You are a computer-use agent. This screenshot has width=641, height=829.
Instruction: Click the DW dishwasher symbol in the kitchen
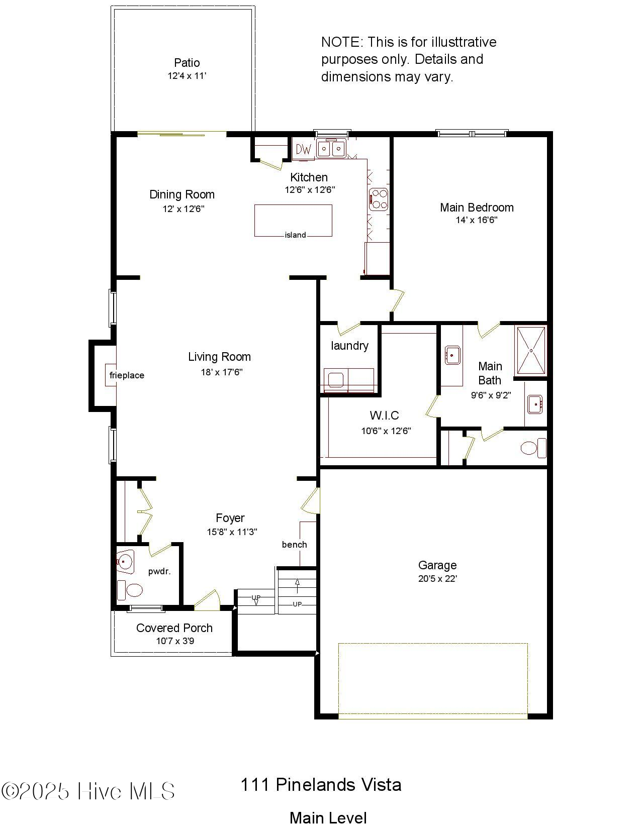[x=303, y=149]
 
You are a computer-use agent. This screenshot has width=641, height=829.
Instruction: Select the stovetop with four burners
[x=379, y=199]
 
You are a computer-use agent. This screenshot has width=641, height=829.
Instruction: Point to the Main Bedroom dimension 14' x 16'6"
[x=476, y=220]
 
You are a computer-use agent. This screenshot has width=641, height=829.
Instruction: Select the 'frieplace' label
[x=127, y=375]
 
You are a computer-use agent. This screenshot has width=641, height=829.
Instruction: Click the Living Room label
[x=219, y=357]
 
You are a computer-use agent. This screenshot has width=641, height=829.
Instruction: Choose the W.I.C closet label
[x=384, y=416]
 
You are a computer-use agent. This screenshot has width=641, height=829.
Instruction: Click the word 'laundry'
[x=349, y=346]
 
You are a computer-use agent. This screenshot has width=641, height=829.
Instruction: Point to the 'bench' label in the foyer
[x=294, y=545]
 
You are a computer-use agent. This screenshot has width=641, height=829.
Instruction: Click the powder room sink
[x=125, y=561]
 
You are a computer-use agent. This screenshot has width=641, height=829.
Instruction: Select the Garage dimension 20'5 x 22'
[x=437, y=579]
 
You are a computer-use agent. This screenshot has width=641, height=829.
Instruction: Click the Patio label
[x=187, y=63]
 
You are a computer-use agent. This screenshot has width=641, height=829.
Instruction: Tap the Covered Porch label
[x=174, y=628]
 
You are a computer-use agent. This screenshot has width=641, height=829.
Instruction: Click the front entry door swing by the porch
[x=208, y=600]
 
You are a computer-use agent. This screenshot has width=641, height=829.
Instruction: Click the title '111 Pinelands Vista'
[x=321, y=785]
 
